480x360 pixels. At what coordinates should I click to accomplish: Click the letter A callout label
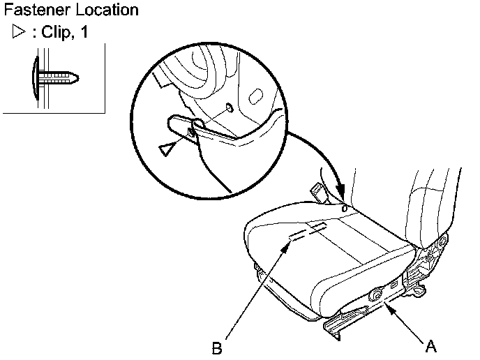click(433, 344)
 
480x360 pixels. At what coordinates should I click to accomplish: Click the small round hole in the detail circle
click(229, 108)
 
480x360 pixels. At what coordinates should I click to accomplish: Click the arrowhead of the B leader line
click(285, 246)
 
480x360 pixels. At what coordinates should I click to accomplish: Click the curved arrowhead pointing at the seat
click(341, 199)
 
